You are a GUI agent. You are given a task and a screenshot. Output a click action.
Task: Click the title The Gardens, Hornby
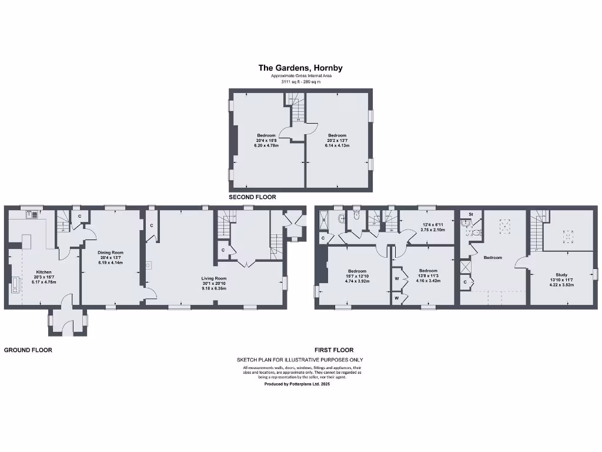(x=300, y=68)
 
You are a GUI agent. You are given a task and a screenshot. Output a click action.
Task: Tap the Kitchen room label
(x=44, y=272)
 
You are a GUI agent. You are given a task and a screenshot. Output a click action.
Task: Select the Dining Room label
(x=111, y=252)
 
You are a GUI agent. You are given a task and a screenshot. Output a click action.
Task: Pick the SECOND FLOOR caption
(x=252, y=197)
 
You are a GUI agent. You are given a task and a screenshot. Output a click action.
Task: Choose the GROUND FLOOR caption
(x=28, y=350)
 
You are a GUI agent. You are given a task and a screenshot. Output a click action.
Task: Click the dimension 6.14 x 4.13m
(x=337, y=145)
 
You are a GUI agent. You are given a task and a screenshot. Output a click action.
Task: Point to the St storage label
(x=471, y=214)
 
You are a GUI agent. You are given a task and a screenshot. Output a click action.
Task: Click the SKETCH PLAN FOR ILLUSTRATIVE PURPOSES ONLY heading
(x=300, y=360)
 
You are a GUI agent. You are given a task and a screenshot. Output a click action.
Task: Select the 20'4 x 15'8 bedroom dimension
(x=266, y=140)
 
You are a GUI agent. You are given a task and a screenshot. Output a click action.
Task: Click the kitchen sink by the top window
(x=31, y=214)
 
